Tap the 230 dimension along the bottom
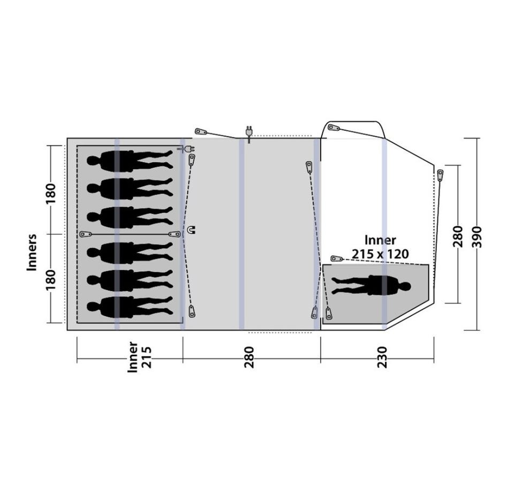[x=382, y=357]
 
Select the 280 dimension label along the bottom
[x=249, y=357]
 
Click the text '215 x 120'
[x=380, y=254]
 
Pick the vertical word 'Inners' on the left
[x=32, y=252]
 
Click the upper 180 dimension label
[x=51, y=193]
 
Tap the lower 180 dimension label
[x=51, y=279]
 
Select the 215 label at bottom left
[x=147, y=357]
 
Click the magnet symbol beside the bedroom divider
[x=191, y=230]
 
